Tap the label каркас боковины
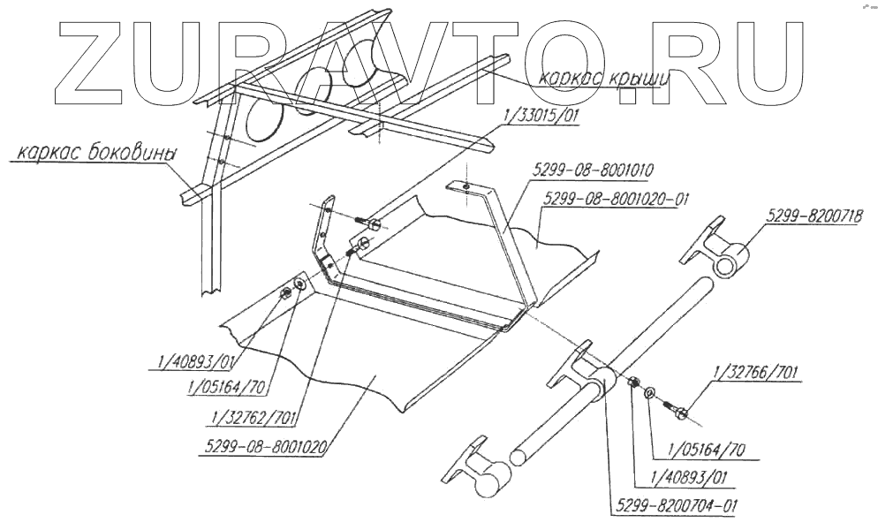pyautogui.click(x=95, y=154)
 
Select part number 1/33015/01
pyautogui.click(x=539, y=116)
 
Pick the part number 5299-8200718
pyautogui.click(x=816, y=214)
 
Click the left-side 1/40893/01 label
pyautogui.click(x=191, y=360)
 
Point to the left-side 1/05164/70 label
pyautogui.click(x=228, y=386)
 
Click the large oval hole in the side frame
pyautogui.click(x=264, y=118)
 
